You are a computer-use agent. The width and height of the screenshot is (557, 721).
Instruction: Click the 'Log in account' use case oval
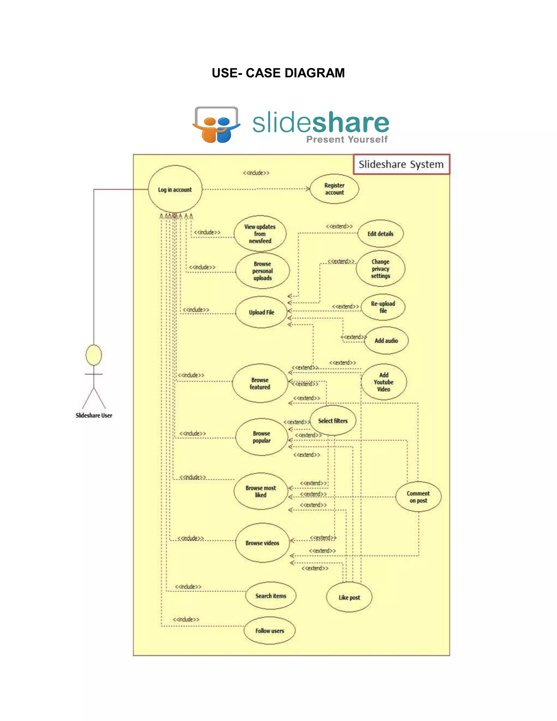coord(175,189)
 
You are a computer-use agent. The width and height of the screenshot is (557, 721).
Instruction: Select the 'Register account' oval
coord(334,189)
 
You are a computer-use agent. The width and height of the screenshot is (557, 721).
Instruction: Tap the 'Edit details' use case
coord(380,234)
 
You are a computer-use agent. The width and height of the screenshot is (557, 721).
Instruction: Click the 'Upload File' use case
coord(261,312)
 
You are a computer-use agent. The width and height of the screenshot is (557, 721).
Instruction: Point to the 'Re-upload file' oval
coord(383,307)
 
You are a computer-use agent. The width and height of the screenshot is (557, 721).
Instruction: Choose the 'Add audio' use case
coord(386,341)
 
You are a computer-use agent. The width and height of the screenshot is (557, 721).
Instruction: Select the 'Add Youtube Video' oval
coord(383,382)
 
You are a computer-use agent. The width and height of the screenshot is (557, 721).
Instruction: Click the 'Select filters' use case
coord(333,421)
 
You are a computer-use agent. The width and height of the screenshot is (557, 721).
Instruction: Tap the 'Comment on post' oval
coord(418,497)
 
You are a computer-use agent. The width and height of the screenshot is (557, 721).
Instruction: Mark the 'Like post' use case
coord(349,597)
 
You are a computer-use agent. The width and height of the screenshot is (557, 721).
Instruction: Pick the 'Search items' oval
coord(271,596)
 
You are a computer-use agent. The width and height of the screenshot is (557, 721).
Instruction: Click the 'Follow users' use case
coord(269,631)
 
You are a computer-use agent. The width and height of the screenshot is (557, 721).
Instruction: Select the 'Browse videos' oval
coord(262,543)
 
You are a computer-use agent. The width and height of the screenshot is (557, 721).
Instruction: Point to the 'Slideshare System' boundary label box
coord(401,164)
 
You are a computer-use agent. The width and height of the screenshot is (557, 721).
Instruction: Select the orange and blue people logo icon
coord(216,125)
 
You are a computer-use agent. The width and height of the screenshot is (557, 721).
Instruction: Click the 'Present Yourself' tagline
coord(347,140)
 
